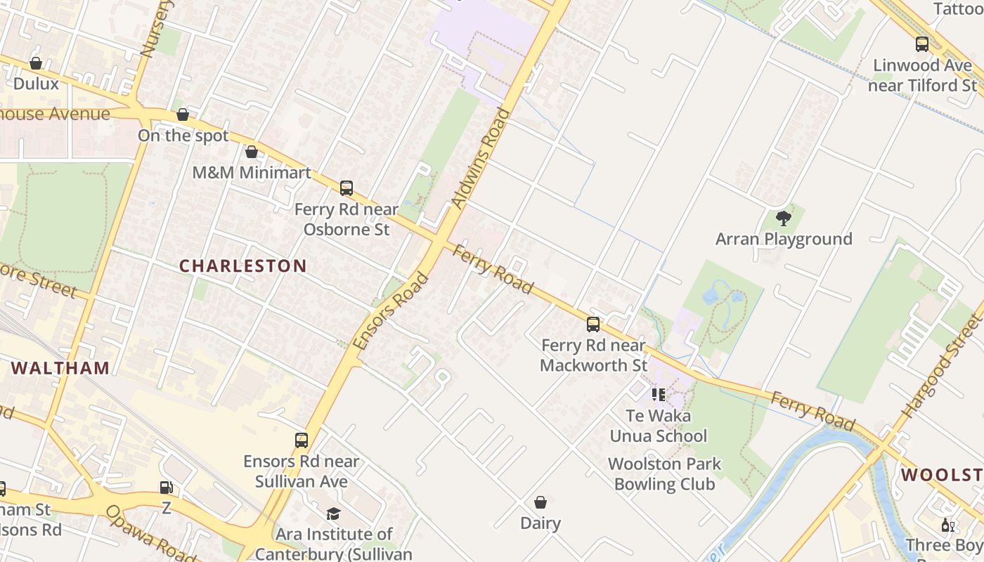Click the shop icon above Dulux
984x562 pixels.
36,64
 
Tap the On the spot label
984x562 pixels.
183,136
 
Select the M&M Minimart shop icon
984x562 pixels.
252,152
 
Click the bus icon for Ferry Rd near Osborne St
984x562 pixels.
346,188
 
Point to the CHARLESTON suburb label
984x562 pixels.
242,266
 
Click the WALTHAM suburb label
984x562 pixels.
60,368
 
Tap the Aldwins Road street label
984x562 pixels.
481,158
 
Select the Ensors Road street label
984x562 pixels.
391,311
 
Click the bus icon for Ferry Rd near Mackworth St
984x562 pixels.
593,325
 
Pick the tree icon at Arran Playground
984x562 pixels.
783,218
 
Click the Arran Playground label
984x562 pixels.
783,239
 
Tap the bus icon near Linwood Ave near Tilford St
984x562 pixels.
922,44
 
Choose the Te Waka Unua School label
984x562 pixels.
658,426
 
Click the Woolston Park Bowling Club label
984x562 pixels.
664,474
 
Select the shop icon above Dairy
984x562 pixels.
540,502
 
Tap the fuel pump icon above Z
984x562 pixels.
166,488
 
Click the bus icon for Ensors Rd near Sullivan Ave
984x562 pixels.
302,440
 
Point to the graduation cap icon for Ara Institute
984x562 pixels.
333,514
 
